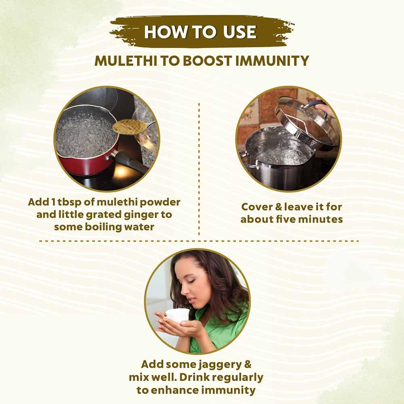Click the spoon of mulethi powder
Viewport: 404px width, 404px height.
pyautogui.click(x=130, y=126)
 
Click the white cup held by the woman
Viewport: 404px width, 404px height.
pyautogui.click(x=178, y=315)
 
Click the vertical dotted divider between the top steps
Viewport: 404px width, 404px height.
pyautogui.click(x=199, y=170)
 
